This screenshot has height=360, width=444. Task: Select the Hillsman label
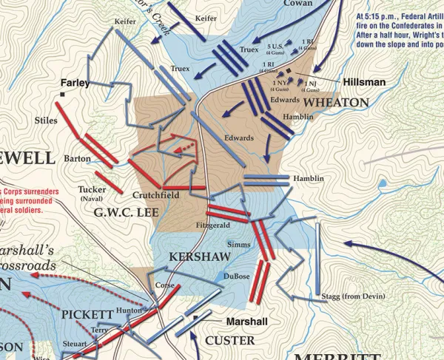pos(363,82)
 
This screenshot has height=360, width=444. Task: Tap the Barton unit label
pos(77,158)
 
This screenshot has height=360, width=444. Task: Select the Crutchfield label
pos(156,196)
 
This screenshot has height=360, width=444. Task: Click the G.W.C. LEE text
pos(122,214)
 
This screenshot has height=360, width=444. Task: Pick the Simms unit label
pos(238,243)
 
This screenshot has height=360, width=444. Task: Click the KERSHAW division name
pos(195,256)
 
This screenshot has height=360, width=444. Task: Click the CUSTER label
pos(229,340)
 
